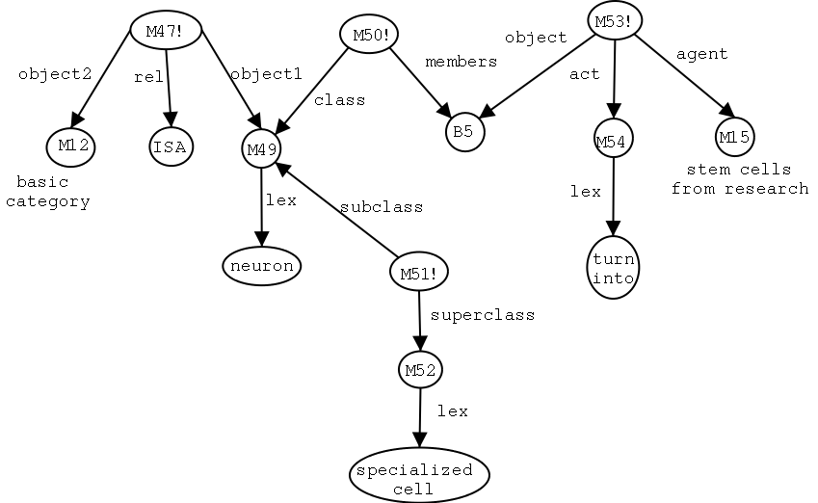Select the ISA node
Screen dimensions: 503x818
[171, 146]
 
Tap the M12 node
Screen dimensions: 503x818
[73, 146]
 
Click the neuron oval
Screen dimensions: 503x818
[261, 265]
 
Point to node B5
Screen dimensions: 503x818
[463, 132]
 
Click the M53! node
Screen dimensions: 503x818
[614, 21]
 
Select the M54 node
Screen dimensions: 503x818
[612, 142]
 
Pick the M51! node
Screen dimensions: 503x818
[419, 273]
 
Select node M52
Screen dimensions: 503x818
[421, 370]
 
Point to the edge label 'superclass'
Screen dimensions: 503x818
[482, 314]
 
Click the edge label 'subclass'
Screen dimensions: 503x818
[381, 207]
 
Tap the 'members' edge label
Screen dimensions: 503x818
[461, 61]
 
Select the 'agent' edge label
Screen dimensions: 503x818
[701, 55]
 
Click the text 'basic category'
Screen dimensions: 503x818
[54, 192]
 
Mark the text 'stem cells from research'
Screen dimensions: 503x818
[740, 179]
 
